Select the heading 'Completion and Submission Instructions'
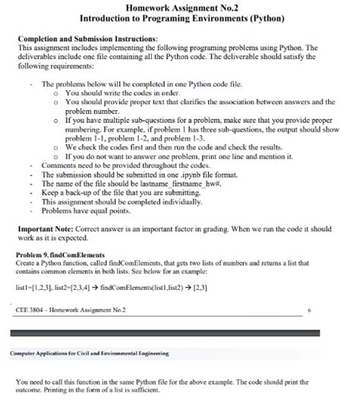click(87, 38)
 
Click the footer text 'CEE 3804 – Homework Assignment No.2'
click(71, 310)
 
